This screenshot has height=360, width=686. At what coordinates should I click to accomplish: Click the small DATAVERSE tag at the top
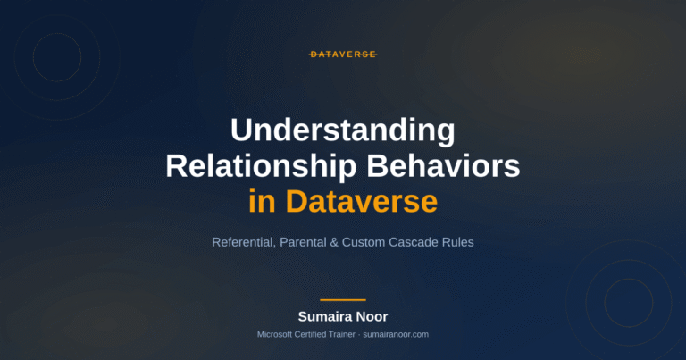pos(343,54)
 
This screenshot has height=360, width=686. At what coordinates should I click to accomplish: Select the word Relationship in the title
pos(261,167)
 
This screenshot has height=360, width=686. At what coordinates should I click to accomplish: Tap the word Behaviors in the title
pos(443,166)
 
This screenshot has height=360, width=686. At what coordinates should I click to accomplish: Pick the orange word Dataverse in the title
pos(362,201)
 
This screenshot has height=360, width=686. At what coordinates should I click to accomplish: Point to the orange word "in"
pos(262,201)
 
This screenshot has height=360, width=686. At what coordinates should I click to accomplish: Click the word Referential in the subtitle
pos(244,242)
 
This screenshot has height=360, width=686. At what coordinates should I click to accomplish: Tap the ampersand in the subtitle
pos(334,242)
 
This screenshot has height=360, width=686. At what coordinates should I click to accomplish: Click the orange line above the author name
pos(343,300)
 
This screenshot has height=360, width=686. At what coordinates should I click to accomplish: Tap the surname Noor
pos(372,317)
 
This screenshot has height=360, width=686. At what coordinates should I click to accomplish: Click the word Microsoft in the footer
pos(275,335)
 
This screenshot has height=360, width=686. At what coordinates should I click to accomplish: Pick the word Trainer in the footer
pos(341,335)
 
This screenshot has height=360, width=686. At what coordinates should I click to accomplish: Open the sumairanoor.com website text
pos(396,335)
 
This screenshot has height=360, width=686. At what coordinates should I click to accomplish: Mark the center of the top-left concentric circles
pos(57,57)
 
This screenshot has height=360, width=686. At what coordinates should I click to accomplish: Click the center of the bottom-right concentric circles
pos(629,303)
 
